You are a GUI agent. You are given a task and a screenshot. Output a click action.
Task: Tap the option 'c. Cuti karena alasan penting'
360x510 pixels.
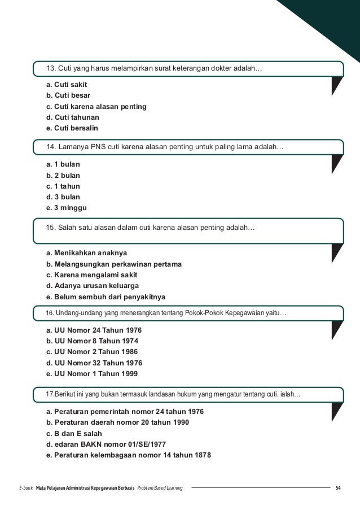click(x=96, y=107)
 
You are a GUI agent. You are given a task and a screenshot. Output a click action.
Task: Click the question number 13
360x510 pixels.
click(x=50, y=69)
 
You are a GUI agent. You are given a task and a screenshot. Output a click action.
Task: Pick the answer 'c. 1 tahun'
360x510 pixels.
click(x=63, y=186)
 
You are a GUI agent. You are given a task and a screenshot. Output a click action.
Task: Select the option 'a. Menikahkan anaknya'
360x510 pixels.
click(x=87, y=252)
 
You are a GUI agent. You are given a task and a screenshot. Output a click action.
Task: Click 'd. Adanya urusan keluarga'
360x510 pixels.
click(x=93, y=285)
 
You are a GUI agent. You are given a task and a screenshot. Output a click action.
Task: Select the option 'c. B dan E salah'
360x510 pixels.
click(x=78, y=433)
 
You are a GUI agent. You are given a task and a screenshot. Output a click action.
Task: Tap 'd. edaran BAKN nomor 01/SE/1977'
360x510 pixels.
click(x=106, y=444)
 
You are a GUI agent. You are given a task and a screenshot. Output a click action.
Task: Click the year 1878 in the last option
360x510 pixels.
click(x=200, y=455)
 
